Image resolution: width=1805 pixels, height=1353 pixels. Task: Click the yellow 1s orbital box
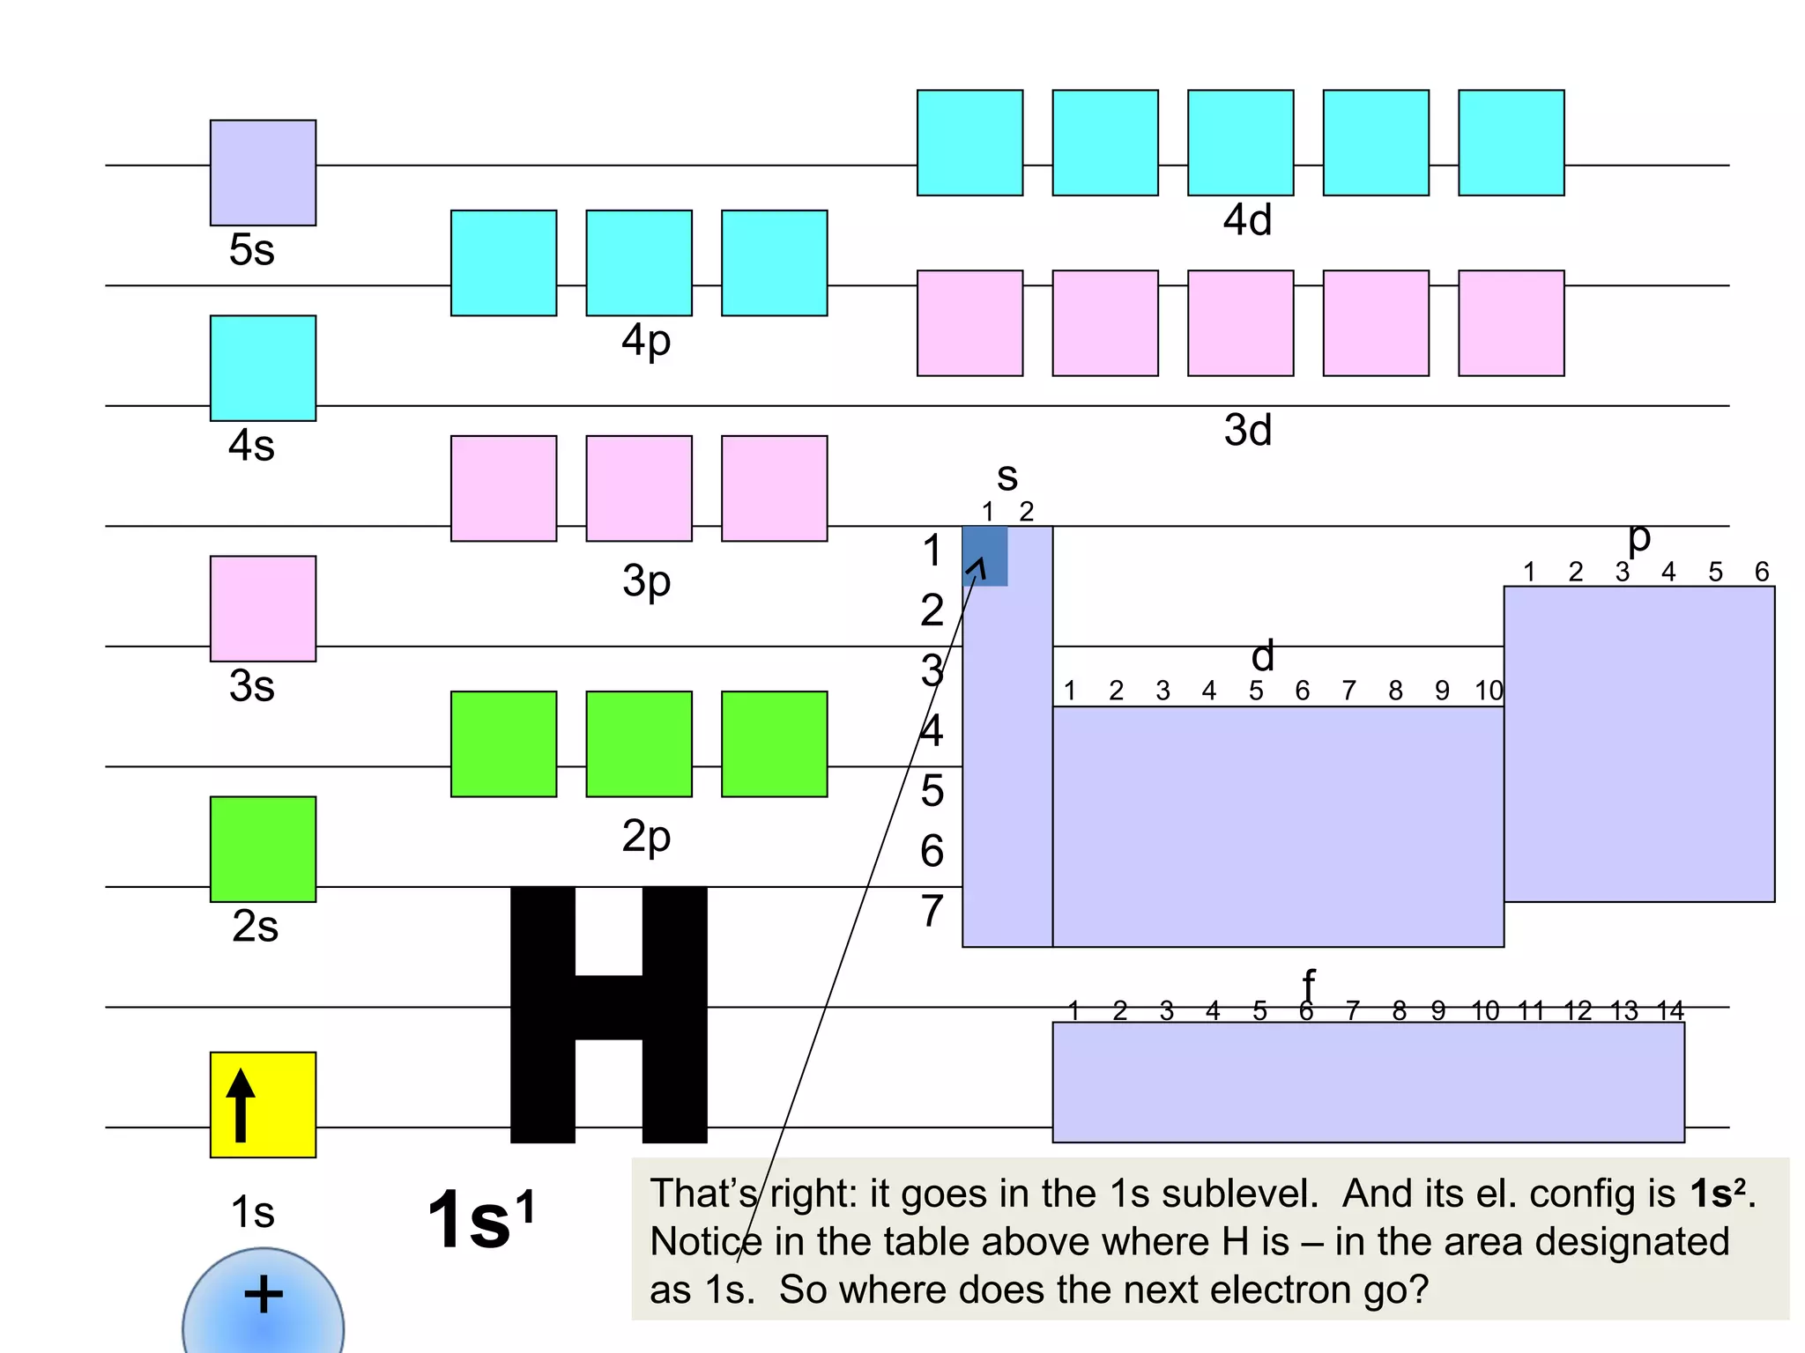pyautogui.click(x=263, y=1105)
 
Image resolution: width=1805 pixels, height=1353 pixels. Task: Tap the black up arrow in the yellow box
pyautogui.click(x=241, y=1105)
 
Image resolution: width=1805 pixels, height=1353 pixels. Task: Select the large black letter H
pyautogui.click(x=608, y=1013)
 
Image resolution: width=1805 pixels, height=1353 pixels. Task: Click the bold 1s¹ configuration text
pyautogui.click(x=480, y=1220)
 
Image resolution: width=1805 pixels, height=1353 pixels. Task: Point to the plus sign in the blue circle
pyautogui.click(x=263, y=1295)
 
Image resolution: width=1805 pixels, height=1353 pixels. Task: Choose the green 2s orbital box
pyautogui.click(x=263, y=849)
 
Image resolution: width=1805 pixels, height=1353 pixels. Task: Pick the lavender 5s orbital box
pyautogui.click(x=263, y=173)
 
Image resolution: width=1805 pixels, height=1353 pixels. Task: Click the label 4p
pyautogui.click(x=646, y=340)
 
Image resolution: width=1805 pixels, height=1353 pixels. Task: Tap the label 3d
pyautogui.click(x=1247, y=431)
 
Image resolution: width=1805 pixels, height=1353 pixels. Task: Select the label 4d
pyautogui.click(x=1247, y=220)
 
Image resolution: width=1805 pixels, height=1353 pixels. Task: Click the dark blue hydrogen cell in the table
pyautogui.click(x=984, y=556)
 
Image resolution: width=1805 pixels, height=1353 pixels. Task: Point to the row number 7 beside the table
pyautogui.click(x=932, y=911)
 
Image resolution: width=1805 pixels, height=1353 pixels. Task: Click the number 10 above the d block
pyautogui.click(x=1489, y=691)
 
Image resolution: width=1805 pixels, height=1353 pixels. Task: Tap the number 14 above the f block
pyautogui.click(x=1670, y=1010)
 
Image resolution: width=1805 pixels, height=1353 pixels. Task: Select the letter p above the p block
pyautogui.click(x=1638, y=537)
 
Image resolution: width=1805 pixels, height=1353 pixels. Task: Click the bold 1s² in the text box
pyautogui.click(x=1717, y=1194)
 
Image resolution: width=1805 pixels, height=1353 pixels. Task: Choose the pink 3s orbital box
pyautogui.click(x=263, y=609)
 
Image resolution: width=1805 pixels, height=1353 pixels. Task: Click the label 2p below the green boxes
pyautogui.click(x=646, y=836)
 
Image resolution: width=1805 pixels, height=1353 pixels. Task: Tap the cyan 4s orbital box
pyautogui.click(x=263, y=368)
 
